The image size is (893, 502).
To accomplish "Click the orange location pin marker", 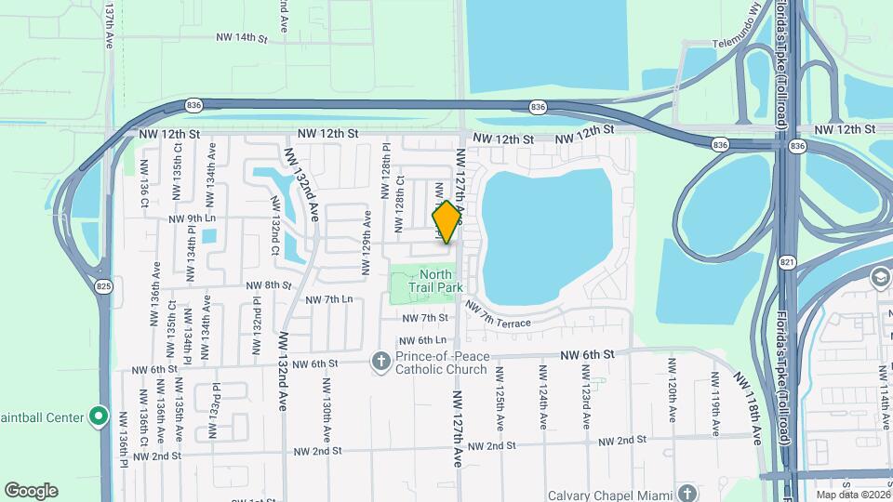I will click(446, 222).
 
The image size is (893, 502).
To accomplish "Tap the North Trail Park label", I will click(435, 281).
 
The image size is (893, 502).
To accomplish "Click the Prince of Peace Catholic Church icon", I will click(380, 361).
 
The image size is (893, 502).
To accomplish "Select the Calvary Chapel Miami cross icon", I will click(686, 492).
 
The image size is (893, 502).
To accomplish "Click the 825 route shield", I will click(103, 287).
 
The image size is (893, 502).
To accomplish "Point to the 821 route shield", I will click(787, 263).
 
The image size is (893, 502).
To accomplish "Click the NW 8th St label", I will click(269, 285).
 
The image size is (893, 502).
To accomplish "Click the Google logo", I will click(31, 491).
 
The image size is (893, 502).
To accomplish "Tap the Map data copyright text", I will click(851, 495).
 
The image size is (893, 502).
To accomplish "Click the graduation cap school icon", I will click(880, 277).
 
